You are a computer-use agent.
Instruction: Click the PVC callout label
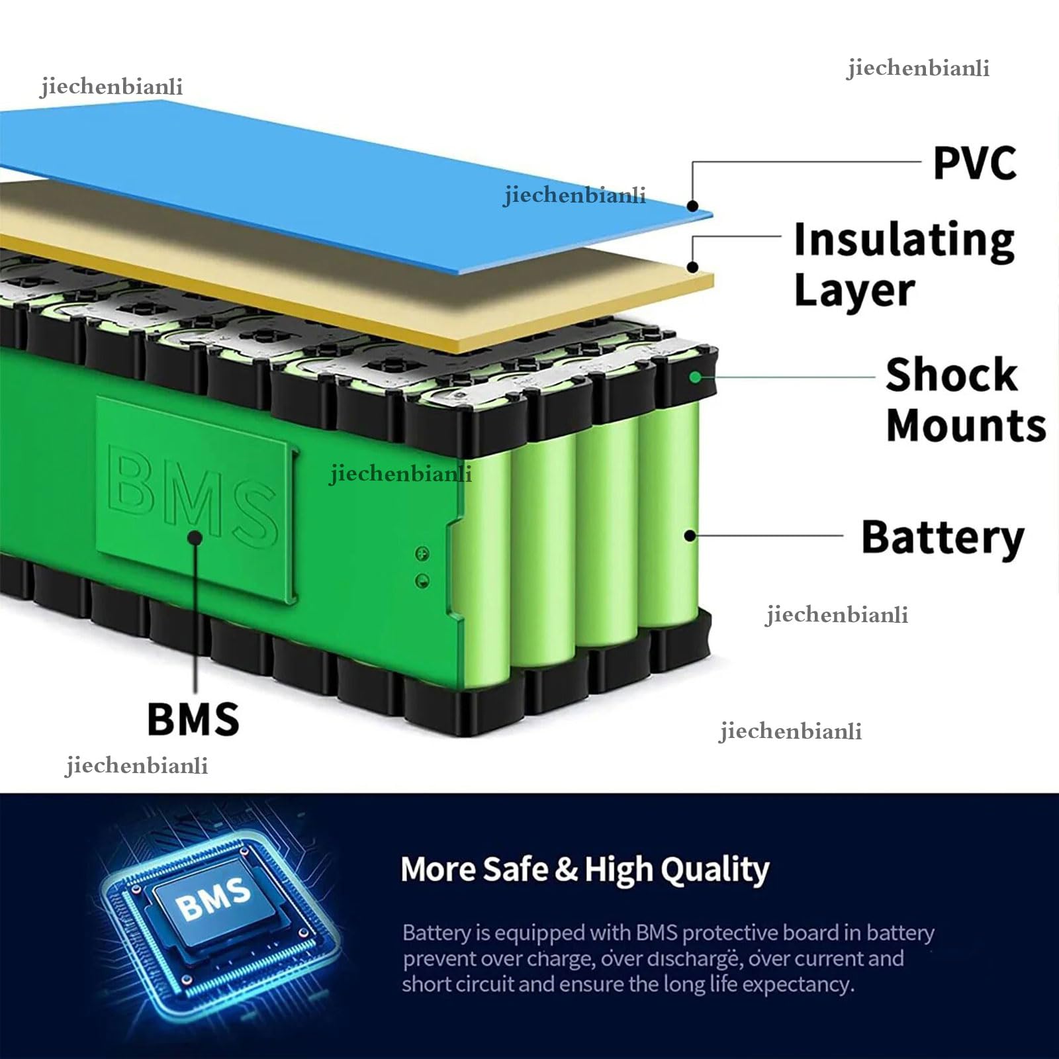click(x=974, y=163)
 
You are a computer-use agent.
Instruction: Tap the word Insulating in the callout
click(x=904, y=241)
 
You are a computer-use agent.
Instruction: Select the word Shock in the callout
click(x=951, y=375)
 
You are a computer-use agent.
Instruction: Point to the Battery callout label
click(x=943, y=539)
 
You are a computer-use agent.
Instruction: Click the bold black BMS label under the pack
click(x=193, y=719)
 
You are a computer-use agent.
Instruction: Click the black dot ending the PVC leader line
click(x=692, y=206)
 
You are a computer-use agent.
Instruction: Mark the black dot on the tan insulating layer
click(x=692, y=267)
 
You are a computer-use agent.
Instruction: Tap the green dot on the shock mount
click(x=694, y=377)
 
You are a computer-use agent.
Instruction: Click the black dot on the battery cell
click(x=690, y=535)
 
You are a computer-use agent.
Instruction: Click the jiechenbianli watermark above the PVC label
click(x=918, y=69)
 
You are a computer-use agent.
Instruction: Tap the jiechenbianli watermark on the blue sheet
click(x=575, y=195)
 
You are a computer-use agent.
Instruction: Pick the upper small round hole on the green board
click(x=422, y=553)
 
